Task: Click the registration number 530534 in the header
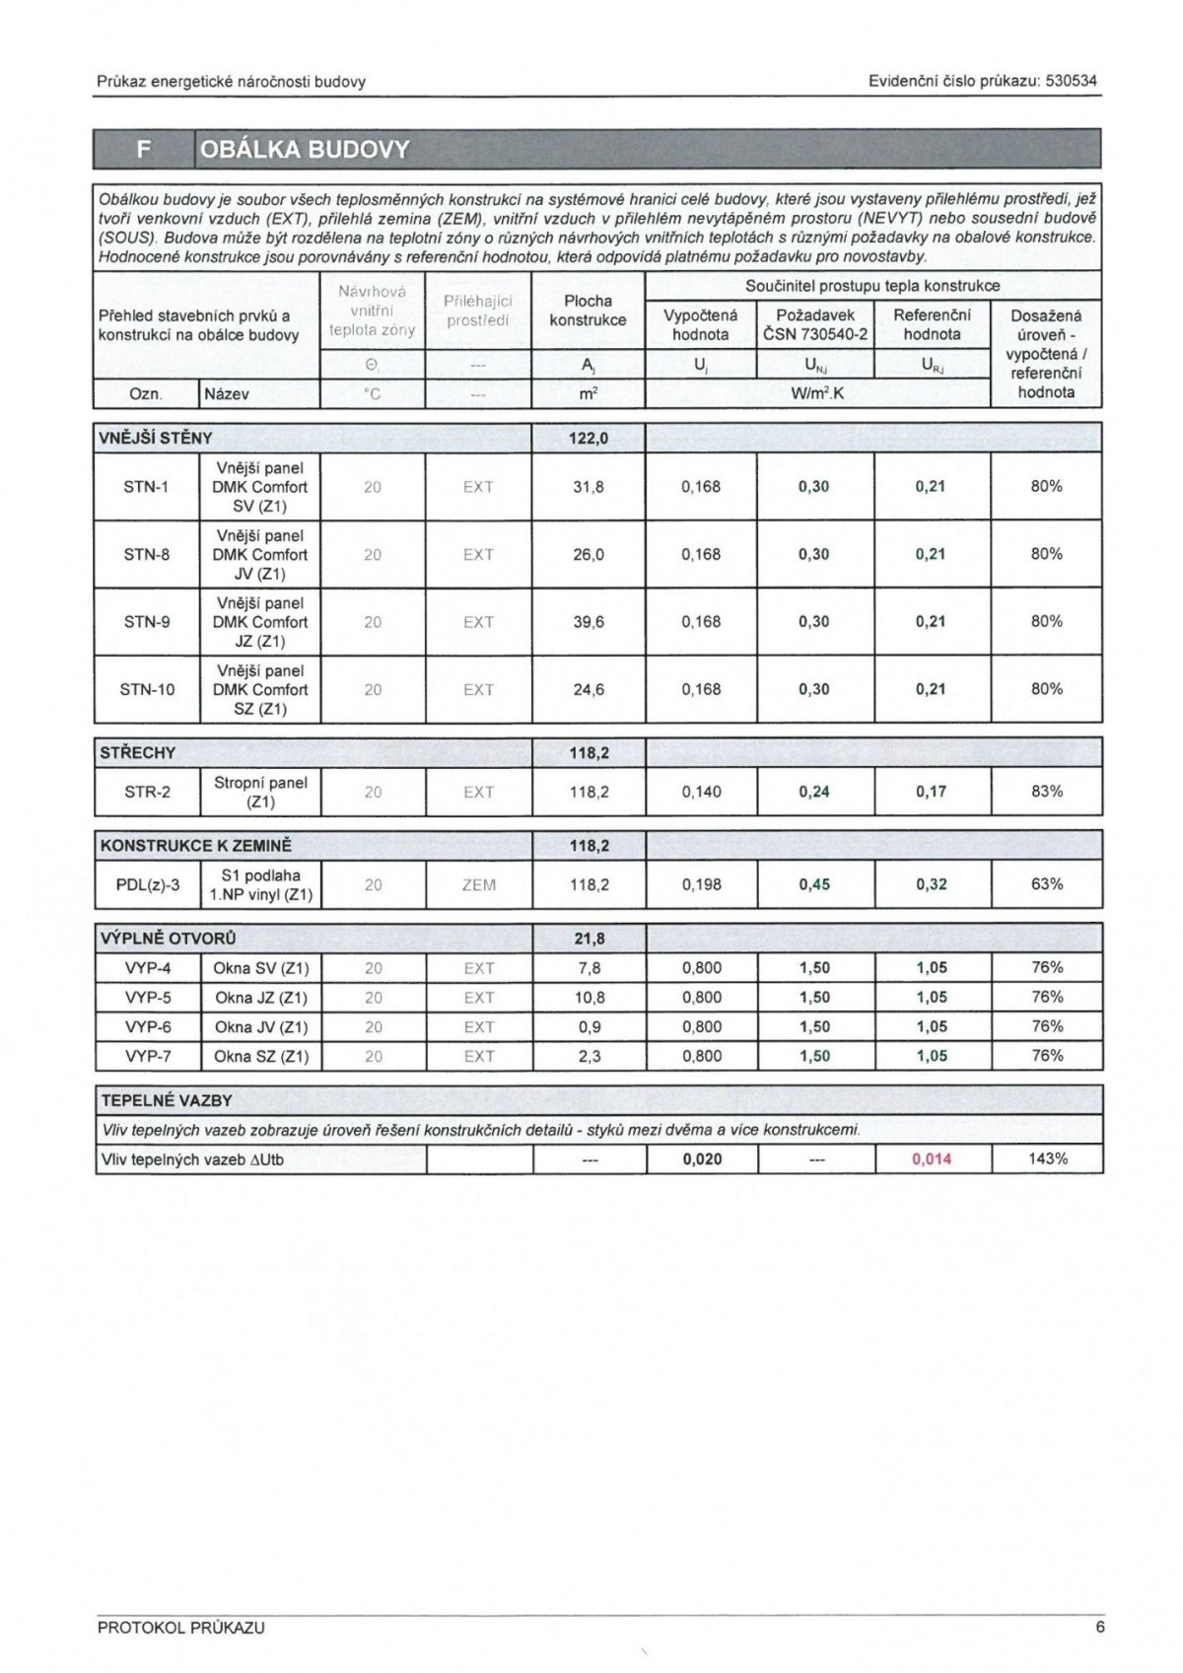point(1070,82)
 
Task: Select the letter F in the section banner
point(144,150)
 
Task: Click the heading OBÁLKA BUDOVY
point(305,150)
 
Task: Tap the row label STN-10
point(147,690)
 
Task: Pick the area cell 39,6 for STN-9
point(589,622)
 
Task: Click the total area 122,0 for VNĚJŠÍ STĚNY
point(589,438)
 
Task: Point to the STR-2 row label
point(147,792)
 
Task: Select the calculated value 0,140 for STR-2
point(701,792)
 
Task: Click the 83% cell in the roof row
point(1047,792)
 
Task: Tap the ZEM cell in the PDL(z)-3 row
point(478,885)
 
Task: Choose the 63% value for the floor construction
point(1047,884)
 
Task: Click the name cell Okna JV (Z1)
point(261,1027)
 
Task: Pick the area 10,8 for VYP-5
point(589,998)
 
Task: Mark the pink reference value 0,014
point(932,1159)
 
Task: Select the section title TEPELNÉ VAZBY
point(167,1100)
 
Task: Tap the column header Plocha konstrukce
point(588,311)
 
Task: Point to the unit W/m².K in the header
point(817,393)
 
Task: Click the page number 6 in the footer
point(1099,1628)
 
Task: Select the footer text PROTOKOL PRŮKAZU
point(181,1628)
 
